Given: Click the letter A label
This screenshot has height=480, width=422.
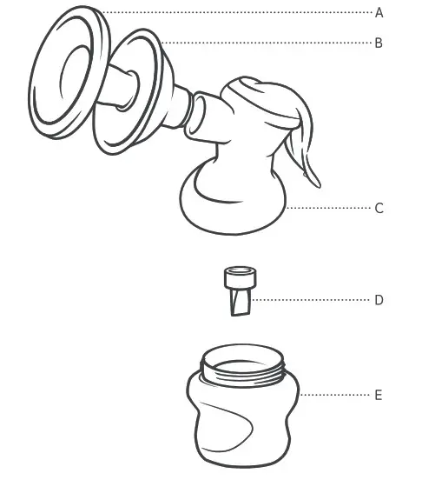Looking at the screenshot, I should coord(379,13).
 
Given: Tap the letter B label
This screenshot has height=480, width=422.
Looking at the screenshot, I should coord(379,42).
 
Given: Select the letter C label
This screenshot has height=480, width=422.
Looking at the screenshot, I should coord(379,209).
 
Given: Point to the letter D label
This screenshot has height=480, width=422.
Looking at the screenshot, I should coord(379,300).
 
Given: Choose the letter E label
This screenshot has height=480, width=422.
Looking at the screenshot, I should coord(379,395).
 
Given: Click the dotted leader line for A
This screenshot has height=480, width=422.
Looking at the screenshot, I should coord(234,13).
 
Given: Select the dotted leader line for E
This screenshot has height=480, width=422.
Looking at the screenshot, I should coord(334,395).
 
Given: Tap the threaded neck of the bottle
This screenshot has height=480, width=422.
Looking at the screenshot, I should coord(243,370).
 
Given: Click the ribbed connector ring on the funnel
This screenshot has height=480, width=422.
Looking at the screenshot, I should coord(186,106).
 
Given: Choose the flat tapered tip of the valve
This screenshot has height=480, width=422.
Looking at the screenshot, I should coord(238,304).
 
